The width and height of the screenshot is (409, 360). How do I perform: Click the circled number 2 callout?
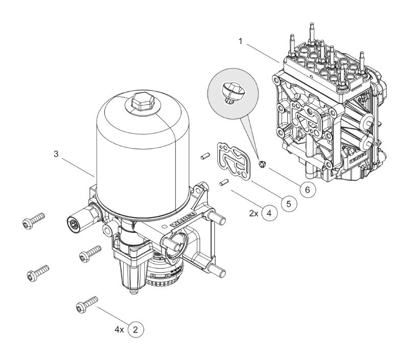(x=135, y=330)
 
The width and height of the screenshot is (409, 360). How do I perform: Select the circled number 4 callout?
(x=269, y=213)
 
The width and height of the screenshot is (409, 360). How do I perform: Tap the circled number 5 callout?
(x=288, y=203)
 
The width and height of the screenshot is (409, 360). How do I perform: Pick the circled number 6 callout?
(x=307, y=189)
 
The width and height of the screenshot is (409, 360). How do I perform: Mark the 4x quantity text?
(x=120, y=330)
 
